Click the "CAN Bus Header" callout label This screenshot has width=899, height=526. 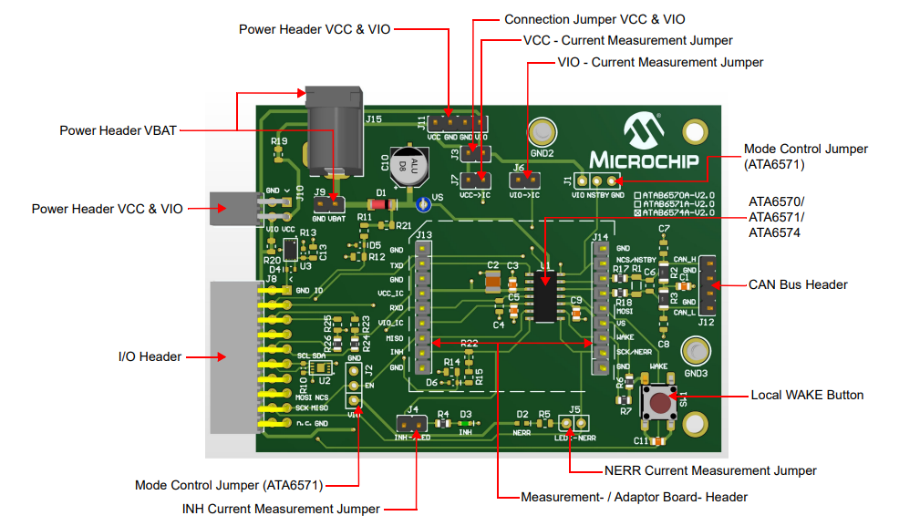(x=798, y=284)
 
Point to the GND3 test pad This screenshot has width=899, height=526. (x=697, y=352)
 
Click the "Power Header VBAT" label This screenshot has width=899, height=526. (x=118, y=130)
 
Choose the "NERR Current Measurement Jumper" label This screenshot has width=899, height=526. (x=710, y=470)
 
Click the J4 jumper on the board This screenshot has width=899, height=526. (x=411, y=424)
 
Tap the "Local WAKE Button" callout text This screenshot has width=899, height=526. (x=806, y=395)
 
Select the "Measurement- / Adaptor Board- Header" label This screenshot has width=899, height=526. (x=634, y=497)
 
